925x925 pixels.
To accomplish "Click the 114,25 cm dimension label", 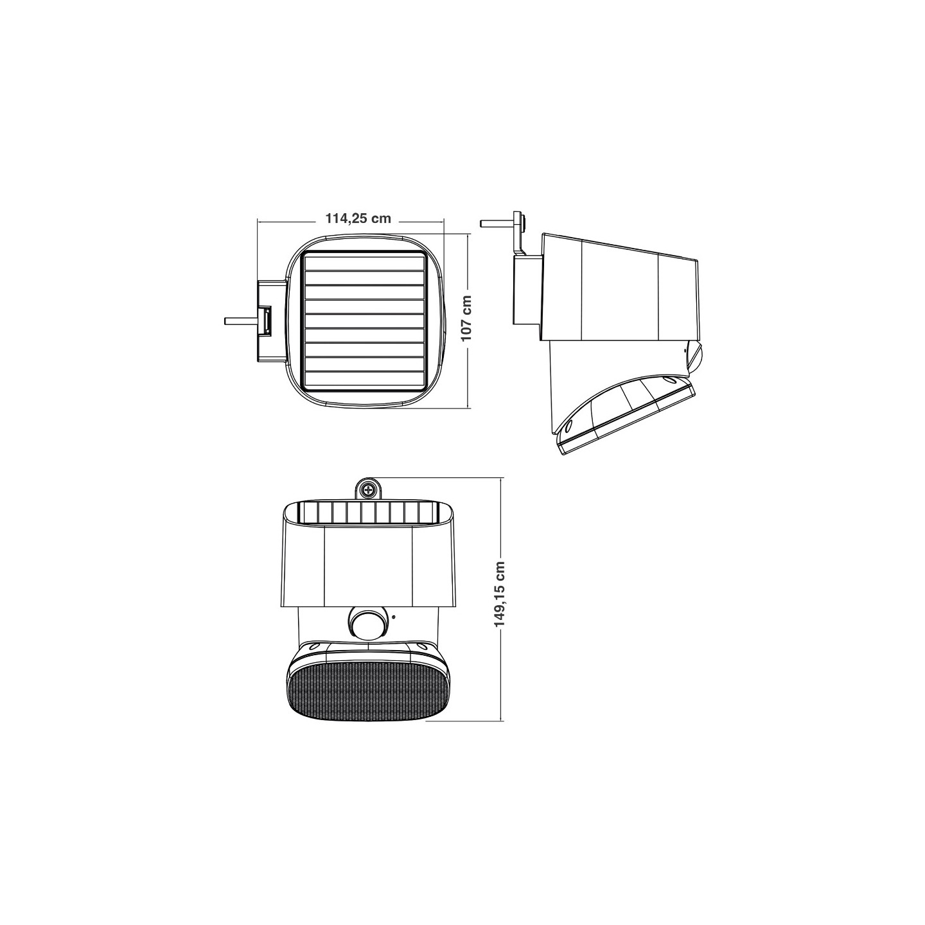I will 358,218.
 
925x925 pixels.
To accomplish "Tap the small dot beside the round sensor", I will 392,618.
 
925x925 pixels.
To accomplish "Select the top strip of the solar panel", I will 364,262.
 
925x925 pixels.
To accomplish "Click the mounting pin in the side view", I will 496,224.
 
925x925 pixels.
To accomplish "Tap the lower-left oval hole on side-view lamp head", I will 568,427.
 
